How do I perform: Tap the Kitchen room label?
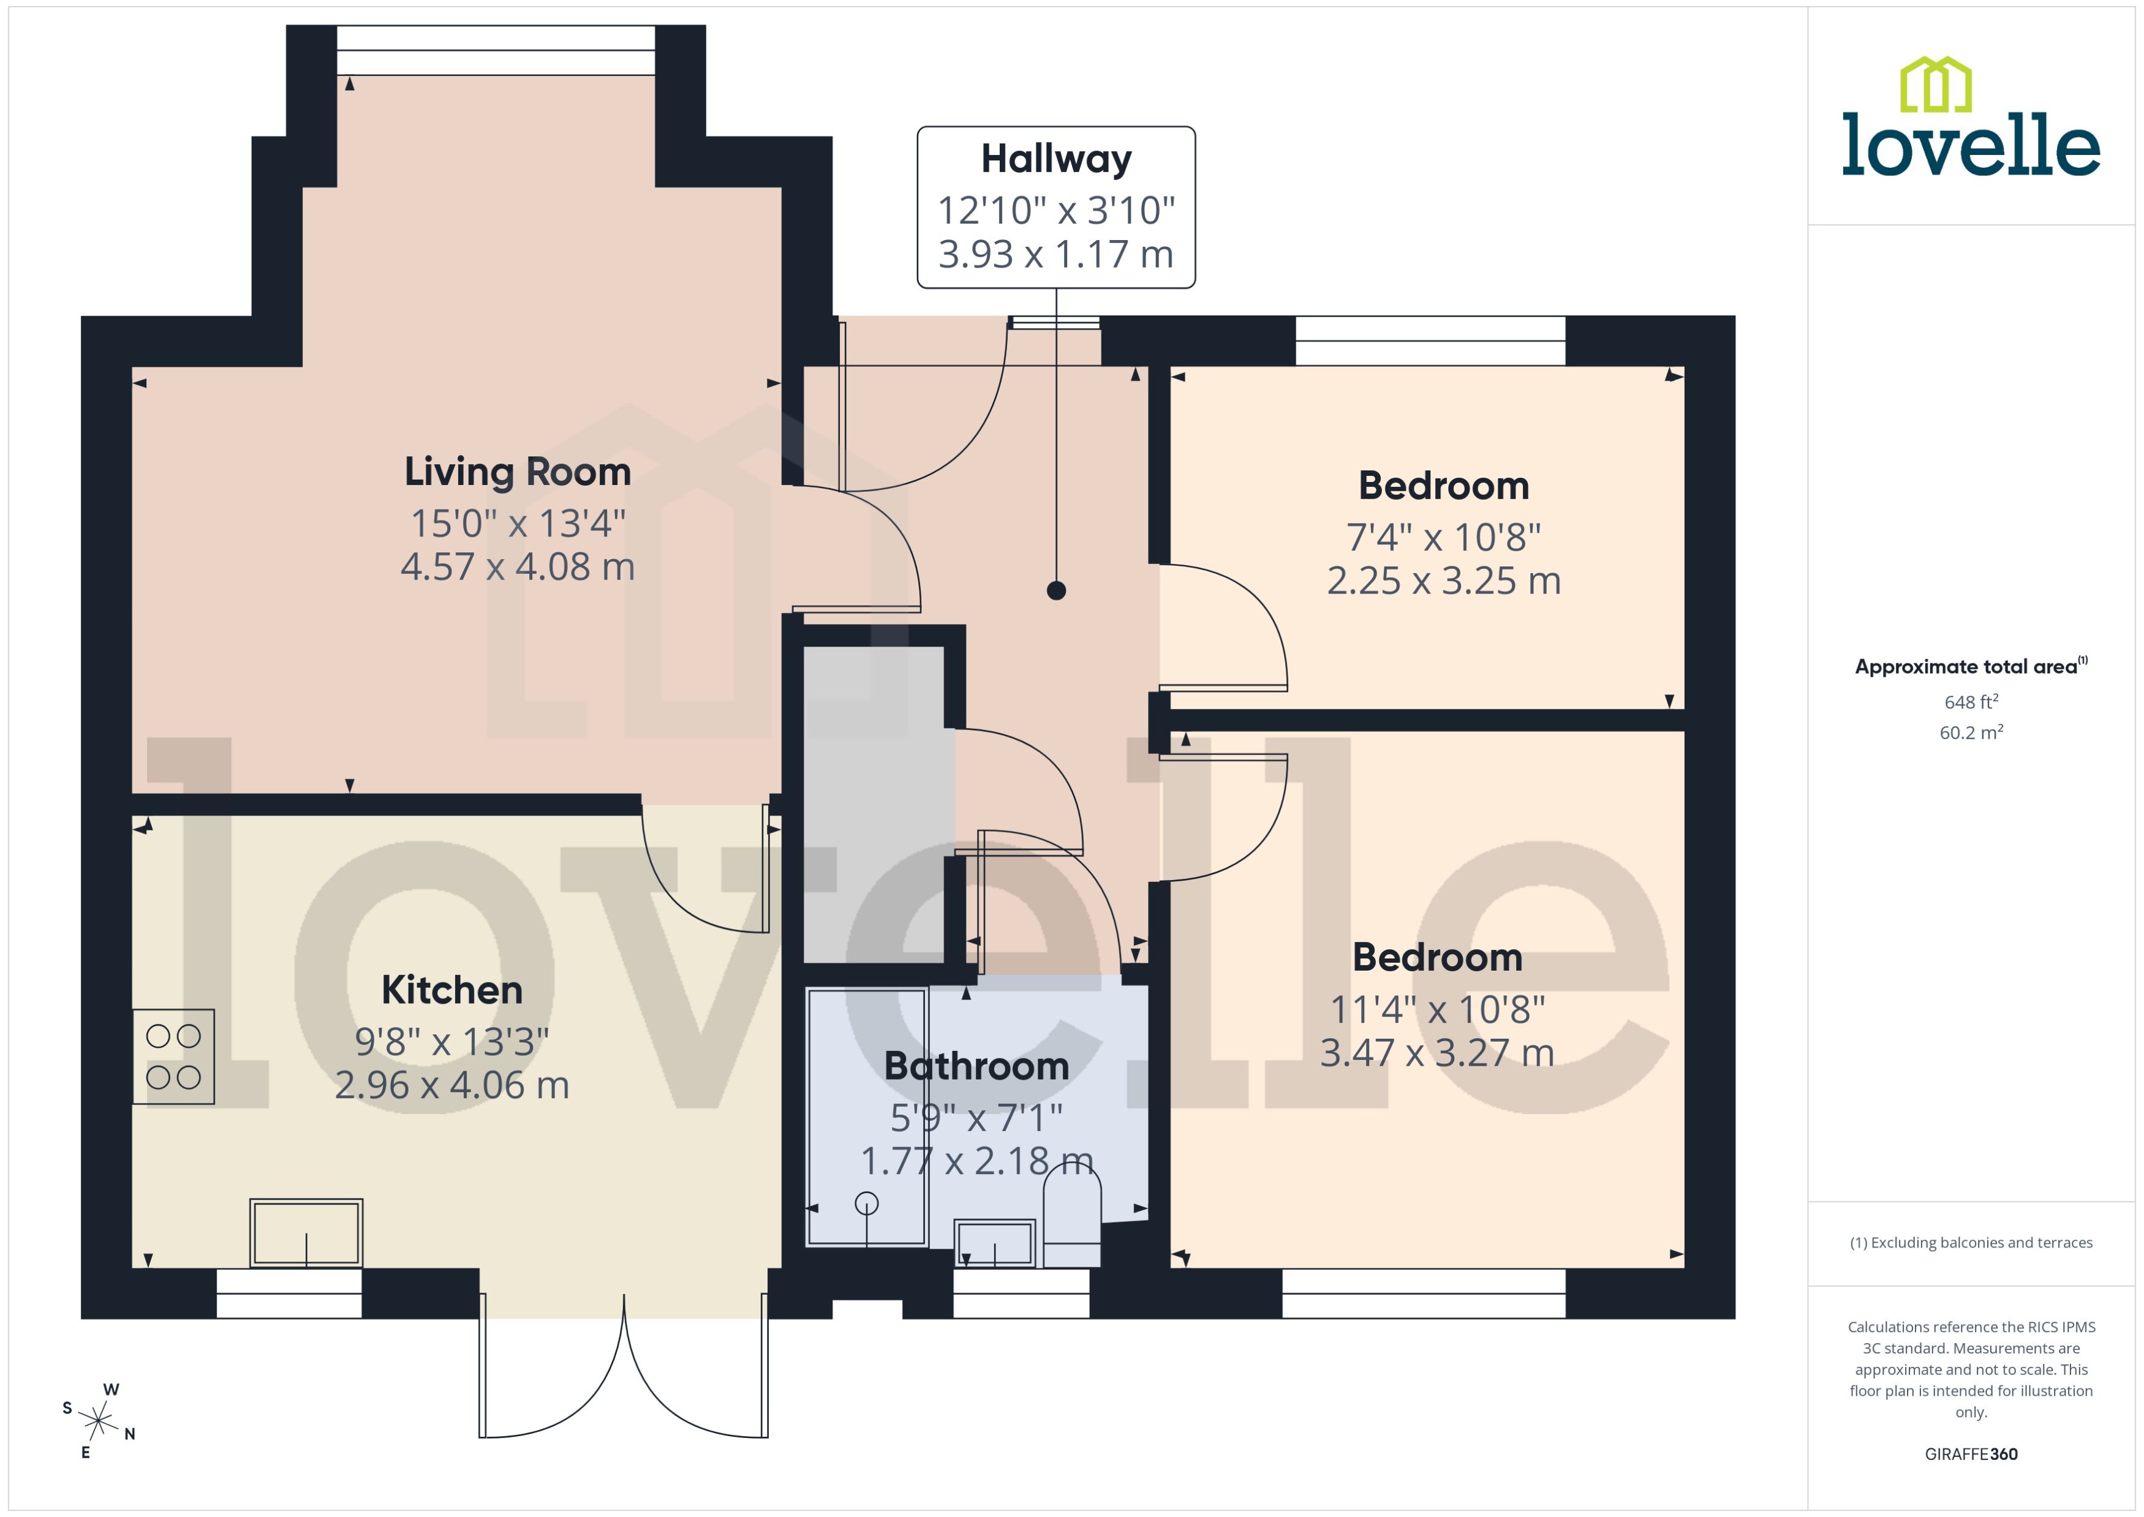[x=451, y=990]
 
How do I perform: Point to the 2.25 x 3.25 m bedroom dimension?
[x=1443, y=581]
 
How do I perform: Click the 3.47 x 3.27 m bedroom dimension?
[x=1437, y=1053]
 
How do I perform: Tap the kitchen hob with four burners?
[x=174, y=1056]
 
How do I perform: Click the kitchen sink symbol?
[x=306, y=1233]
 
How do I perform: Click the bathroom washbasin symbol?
[x=994, y=1243]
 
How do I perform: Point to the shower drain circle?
[x=866, y=1203]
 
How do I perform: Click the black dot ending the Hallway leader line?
[x=1057, y=590]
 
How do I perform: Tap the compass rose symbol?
[x=98, y=1421]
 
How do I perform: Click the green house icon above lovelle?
[x=1936, y=85]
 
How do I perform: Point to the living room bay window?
[x=495, y=50]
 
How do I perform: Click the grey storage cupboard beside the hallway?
[x=874, y=804]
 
